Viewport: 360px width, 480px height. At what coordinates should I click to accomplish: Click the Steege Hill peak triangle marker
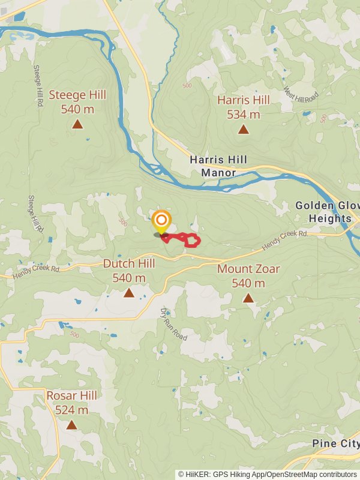[x=77, y=124]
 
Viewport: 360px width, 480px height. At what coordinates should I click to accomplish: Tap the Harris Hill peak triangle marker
[x=243, y=129]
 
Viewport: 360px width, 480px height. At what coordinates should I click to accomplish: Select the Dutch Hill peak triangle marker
[x=129, y=293]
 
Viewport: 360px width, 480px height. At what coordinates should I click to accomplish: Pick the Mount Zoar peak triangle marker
[x=248, y=298]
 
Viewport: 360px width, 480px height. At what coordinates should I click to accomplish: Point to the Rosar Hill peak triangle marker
[x=71, y=425]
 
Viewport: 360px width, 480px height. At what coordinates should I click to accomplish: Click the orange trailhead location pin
[x=161, y=221]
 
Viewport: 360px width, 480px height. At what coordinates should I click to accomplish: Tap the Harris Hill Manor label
[x=213, y=166]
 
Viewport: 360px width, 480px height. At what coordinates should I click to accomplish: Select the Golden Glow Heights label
[x=328, y=212]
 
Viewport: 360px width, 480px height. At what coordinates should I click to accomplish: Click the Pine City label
[x=335, y=443]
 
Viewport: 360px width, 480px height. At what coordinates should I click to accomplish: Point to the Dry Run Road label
[x=173, y=324]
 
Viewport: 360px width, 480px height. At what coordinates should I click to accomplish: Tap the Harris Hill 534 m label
[x=244, y=107]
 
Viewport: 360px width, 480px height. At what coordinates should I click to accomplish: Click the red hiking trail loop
[x=191, y=240]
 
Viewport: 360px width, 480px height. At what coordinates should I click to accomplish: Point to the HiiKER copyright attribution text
[x=268, y=474]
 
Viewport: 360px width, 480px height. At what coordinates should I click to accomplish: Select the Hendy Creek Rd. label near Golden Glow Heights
[x=285, y=241]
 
